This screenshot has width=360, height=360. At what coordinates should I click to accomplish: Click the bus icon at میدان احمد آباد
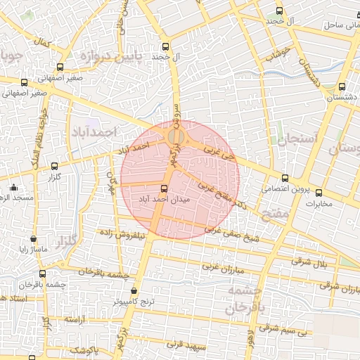164,188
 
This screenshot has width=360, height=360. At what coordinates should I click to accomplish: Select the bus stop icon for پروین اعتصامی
284,179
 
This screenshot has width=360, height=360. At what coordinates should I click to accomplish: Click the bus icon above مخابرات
319,193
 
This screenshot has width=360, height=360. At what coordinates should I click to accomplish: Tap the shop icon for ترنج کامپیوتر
134,290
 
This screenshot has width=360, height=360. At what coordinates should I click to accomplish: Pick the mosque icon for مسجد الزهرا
14,187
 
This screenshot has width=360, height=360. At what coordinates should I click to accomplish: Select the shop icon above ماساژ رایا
33,239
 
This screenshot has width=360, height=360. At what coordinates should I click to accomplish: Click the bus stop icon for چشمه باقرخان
43,274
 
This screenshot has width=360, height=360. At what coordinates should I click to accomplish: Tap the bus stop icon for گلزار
55,167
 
